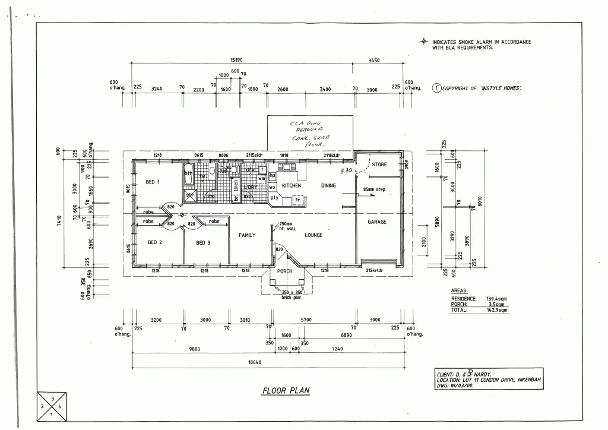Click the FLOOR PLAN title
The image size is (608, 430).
point(286,391)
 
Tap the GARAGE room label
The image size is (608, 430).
point(376,222)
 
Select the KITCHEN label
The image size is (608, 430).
point(292,185)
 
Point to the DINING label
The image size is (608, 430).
point(328,185)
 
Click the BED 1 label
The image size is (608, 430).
point(153,182)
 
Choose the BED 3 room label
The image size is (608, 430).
point(204,242)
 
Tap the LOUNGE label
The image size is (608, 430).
point(313,235)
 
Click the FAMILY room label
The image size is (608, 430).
point(247,235)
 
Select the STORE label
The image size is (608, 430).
point(379,165)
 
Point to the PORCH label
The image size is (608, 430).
point(285,271)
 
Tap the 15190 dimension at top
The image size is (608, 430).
point(236,60)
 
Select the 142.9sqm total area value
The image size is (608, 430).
point(498,309)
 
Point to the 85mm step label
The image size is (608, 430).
point(374,190)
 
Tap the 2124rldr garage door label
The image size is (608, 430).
point(374,271)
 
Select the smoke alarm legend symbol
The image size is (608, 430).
point(423,42)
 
